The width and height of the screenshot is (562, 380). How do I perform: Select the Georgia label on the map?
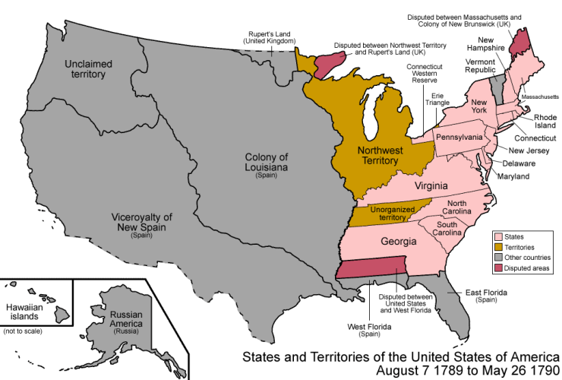point(392,242)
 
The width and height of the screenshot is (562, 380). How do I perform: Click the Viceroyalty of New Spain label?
point(142,222)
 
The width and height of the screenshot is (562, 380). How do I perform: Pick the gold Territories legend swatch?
point(500,247)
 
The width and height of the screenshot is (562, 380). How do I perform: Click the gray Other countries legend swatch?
point(500,258)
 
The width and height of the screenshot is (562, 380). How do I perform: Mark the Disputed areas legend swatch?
point(500,268)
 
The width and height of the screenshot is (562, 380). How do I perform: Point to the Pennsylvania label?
point(459,137)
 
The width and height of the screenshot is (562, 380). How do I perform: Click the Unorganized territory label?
point(393,213)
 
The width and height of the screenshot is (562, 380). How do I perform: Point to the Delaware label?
point(517,163)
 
